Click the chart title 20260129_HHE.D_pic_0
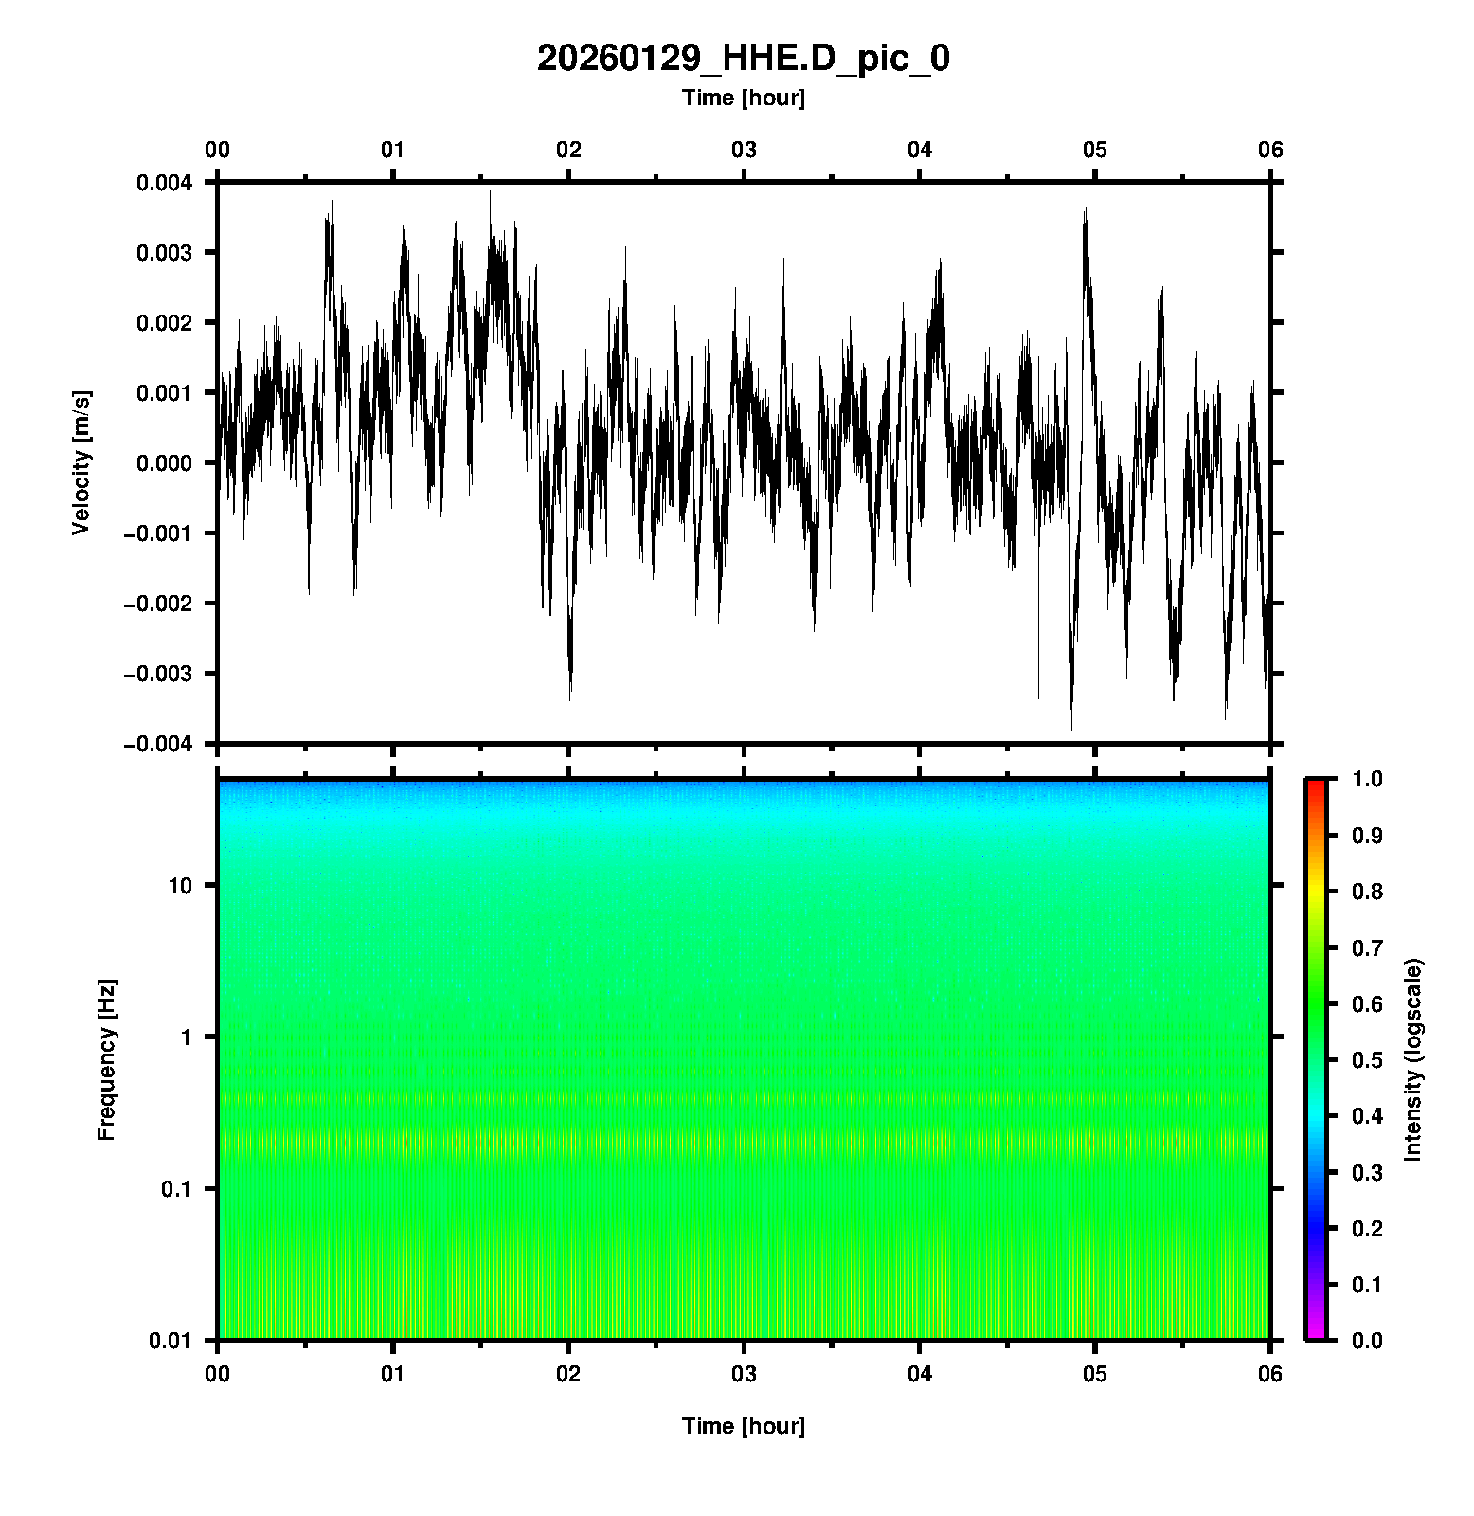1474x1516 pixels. (743, 59)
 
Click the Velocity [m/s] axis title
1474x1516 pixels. (81, 462)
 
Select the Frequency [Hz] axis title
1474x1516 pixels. (106, 1060)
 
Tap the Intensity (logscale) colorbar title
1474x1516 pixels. (1414, 1059)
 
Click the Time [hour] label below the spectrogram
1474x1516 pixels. (743, 1426)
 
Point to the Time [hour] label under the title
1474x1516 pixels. (743, 98)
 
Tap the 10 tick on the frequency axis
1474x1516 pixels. (180, 886)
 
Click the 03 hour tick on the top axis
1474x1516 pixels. (744, 150)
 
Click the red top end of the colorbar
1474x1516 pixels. (1316, 784)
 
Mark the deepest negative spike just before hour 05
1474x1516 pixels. (1071, 728)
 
